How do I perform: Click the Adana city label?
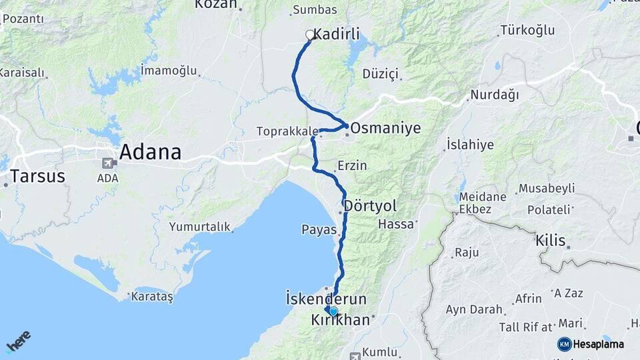pyautogui.click(x=150, y=153)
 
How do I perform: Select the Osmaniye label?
pyautogui.click(x=385, y=128)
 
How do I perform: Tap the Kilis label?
pyautogui.click(x=550, y=241)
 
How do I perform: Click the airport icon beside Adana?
pyautogui.click(x=107, y=163)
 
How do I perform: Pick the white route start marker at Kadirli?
pyautogui.click(x=310, y=35)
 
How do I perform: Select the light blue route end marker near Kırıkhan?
pyautogui.click(x=333, y=311)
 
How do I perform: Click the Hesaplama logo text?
pyautogui.click(x=599, y=344)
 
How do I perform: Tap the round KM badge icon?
pyautogui.click(x=565, y=344)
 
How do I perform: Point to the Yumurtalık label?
pyautogui.click(x=199, y=227)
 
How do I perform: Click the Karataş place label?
pyautogui.click(x=152, y=296)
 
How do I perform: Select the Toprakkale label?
pyautogui.click(x=287, y=132)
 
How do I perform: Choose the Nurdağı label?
pyautogui.click(x=494, y=95)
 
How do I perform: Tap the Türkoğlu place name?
pyautogui.click(x=527, y=31)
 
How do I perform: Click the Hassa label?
pyautogui.click(x=396, y=225)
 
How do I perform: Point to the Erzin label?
pyautogui.click(x=352, y=165)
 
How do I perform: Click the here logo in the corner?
pyautogui.click(x=19, y=340)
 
